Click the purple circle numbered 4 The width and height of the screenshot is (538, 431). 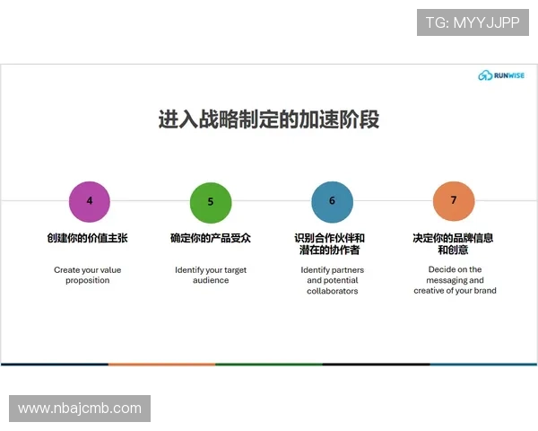(90, 200)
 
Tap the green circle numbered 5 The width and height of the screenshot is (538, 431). (211, 201)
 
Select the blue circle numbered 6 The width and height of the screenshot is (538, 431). (332, 200)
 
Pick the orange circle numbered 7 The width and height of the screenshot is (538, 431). (453, 200)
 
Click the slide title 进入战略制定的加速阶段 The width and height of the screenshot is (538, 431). (269, 119)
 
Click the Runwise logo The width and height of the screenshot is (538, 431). (502, 75)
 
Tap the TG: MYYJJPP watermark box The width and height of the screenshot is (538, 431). (473, 22)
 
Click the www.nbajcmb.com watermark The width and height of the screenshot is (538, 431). (79, 409)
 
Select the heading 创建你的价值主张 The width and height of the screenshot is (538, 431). (87, 238)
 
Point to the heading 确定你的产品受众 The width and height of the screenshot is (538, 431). (211, 238)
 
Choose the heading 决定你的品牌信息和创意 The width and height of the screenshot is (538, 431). (453, 244)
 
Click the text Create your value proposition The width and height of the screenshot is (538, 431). (87, 275)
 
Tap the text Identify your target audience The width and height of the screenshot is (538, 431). (211, 275)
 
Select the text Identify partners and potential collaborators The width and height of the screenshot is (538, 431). (331, 280)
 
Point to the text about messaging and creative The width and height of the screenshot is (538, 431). (455, 280)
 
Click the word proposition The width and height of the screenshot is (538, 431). (87, 280)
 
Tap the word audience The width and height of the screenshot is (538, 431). (211, 280)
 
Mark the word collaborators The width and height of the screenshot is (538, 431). (332, 291)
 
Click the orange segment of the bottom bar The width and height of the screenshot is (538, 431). (161, 365)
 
